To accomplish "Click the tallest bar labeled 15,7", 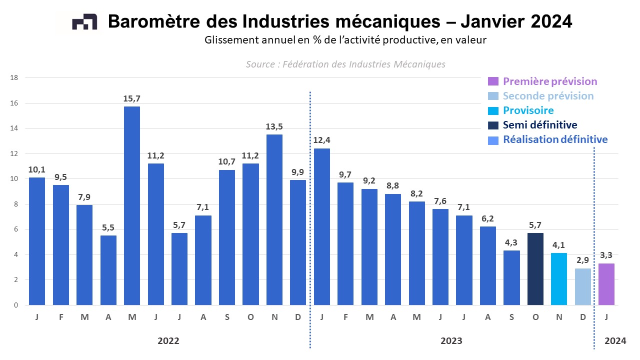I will point(132,205).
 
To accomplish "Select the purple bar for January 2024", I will point(606,284).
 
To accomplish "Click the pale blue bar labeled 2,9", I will point(583,286).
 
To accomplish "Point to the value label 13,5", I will point(274,126).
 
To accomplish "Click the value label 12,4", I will point(321,140).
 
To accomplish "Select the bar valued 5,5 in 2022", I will point(108,270).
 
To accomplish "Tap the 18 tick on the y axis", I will point(14,77).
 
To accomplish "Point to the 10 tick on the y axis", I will point(14,179).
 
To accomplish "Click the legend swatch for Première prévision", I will point(493,81).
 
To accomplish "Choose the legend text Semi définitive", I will point(540,125).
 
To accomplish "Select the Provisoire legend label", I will point(528,110).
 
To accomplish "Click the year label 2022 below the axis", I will point(168,341).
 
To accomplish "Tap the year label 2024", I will point(615,341).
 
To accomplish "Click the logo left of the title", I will point(84,22).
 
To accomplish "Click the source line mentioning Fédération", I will point(345,64).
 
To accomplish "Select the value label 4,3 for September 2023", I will point(511,242).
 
